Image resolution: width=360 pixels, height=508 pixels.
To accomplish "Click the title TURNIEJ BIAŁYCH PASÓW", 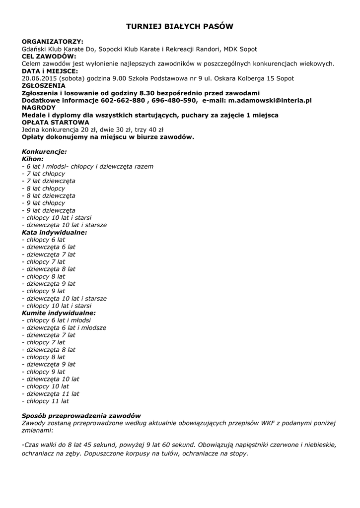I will pyautogui.click(x=179, y=26).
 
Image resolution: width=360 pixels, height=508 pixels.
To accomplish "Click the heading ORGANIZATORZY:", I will pyautogui.click(x=52, y=42).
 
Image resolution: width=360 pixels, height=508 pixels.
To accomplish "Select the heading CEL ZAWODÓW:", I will pyautogui.click(x=49, y=57).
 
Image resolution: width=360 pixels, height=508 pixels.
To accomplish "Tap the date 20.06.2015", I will pyautogui.click(x=39, y=78).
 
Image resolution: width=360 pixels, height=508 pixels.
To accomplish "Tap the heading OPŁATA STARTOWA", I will pyautogui.click(x=55, y=122).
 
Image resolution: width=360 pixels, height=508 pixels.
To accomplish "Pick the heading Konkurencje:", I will pyautogui.click(x=44, y=152).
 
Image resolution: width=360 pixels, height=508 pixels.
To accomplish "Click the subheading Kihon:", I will pyautogui.click(x=33, y=159).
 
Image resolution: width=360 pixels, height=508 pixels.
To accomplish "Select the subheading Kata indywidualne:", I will pyautogui.click(x=54, y=232).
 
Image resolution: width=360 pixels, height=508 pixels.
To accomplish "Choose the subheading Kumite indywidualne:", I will pyautogui.click(x=59, y=313).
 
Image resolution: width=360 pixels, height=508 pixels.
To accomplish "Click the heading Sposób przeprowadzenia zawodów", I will pyautogui.click(x=81, y=415).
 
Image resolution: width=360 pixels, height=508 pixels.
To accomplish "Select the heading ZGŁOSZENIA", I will pyautogui.click(x=44, y=85).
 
